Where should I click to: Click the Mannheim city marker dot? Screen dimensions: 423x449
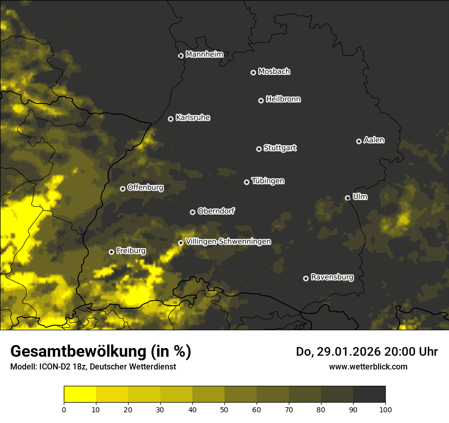point(181,56)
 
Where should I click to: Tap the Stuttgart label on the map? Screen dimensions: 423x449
point(280,148)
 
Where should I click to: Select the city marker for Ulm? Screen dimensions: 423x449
point(347,198)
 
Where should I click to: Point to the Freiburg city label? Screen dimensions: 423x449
point(131,251)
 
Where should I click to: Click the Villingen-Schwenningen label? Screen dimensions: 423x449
point(228,242)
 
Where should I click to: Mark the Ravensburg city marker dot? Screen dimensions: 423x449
point(306,278)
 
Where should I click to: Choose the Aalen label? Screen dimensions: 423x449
point(374,140)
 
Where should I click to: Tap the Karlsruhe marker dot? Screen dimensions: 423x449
point(170,119)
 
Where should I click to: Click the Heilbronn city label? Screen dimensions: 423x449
point(283,99)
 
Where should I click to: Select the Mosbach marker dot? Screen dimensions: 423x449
point(253,72)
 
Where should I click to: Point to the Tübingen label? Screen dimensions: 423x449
point(268,181)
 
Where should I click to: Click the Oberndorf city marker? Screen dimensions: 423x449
point(192,212)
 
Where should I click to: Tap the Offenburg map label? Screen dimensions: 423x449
point(145,188)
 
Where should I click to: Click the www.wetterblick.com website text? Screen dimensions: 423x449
point(368,366)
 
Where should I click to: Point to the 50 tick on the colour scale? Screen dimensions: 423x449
point(224,409)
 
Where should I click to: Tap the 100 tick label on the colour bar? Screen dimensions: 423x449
point(385,409)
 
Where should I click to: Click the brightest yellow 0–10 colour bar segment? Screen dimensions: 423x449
point(80,394)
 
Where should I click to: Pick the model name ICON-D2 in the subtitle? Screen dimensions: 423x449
point(51,367)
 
